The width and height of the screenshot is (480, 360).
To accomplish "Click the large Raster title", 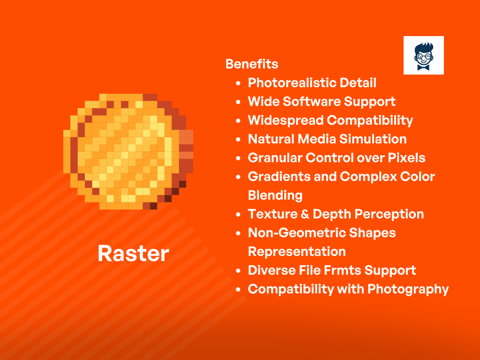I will pos(133,254).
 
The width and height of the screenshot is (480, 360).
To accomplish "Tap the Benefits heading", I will pos(252,64).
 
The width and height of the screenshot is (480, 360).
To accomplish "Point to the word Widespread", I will pos(285,120).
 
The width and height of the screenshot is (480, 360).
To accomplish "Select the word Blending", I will pos(275,195).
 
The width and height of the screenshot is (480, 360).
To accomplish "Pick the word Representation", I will pos(297,252).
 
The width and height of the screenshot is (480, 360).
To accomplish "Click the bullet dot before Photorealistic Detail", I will pos(238,83).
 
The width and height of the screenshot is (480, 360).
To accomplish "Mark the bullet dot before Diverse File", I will pos(238,271).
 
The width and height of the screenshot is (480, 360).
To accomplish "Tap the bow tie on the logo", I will pos(424,67).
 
